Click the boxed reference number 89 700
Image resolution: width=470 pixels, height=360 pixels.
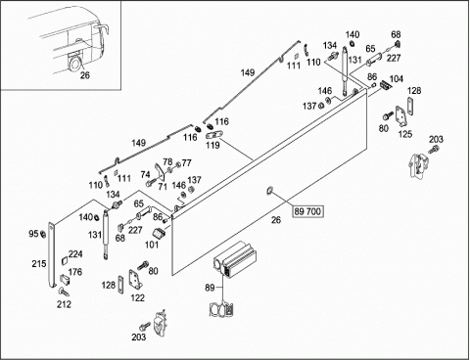(x=307, y=211)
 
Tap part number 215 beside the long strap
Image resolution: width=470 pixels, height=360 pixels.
(x=39, y=263)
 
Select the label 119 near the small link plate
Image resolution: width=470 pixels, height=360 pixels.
(x=212, y=146)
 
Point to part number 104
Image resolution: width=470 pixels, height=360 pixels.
(x=397, y=79)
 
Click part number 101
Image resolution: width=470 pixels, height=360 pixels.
(x=152, y=245)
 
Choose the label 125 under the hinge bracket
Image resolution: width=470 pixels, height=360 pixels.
(x=405, y=134)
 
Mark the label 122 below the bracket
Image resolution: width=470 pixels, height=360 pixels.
(x=137, y=297)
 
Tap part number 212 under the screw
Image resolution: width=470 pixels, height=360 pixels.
(x=64, y=304)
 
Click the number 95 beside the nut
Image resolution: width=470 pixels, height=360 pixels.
(x=33, y=234)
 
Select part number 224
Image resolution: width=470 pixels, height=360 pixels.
(x=75, y=254)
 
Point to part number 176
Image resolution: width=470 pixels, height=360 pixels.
(x=75, y=272)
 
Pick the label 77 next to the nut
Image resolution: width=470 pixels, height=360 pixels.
(x=186, y=162)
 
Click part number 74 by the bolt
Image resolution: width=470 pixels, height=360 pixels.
(x=146, y=175)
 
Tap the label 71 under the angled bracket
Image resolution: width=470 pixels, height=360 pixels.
(x=163, y=187)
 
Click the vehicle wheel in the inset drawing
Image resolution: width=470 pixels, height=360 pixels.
(x=73, y=63)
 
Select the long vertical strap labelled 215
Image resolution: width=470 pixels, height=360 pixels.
(x=52, y=255)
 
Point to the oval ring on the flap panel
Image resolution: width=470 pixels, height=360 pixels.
(x=270, y=190)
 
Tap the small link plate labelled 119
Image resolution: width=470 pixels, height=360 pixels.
(x=214, y=134)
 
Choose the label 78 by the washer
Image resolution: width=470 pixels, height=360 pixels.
(x=167, y=161)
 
